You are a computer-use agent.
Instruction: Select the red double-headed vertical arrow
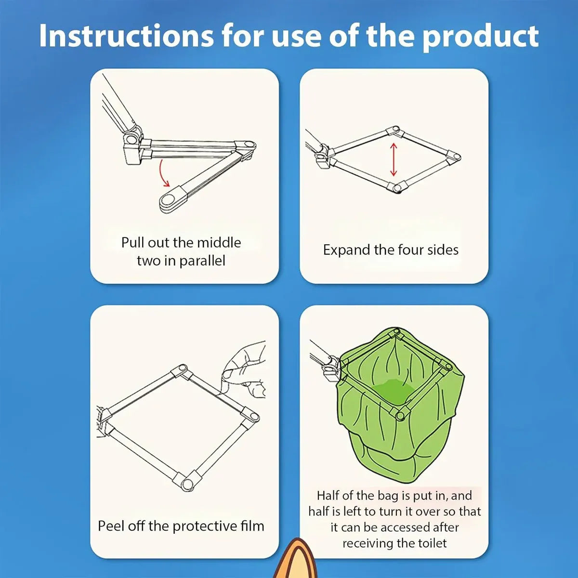point(394,159)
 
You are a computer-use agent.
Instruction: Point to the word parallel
point(202,261)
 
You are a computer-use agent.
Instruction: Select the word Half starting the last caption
point(328,496)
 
